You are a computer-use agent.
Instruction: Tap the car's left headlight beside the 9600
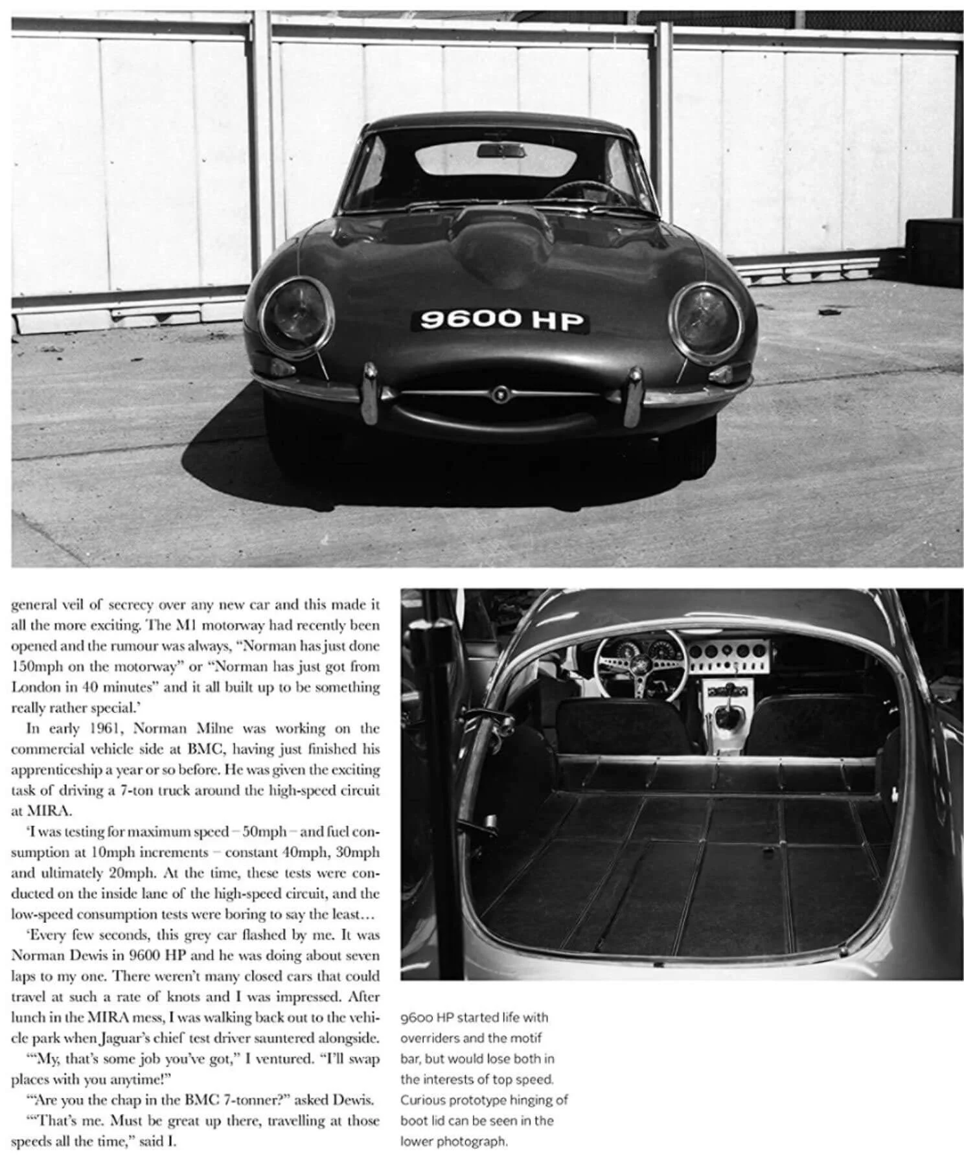click(296, 316)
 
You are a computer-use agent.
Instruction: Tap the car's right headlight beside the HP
click(706, 320)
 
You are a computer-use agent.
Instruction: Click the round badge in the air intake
click(500, 393)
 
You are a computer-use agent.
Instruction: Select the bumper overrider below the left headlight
click(370, 393)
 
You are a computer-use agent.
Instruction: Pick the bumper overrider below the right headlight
click(632, 396)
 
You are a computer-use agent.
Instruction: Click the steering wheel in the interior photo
click(639, 664)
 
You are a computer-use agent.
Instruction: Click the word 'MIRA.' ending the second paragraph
click(43, 811)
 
